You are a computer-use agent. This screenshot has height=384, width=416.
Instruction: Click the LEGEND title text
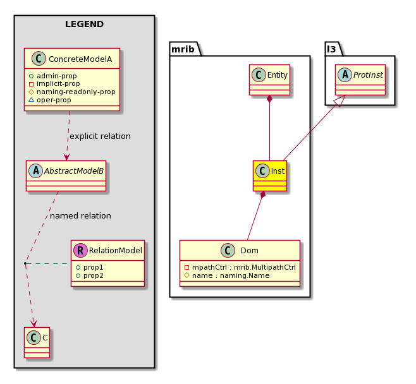(x=84, y=24)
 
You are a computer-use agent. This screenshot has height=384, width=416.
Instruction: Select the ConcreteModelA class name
(x=80, y=59)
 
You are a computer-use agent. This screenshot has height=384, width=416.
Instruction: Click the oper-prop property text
(x=54, y=100)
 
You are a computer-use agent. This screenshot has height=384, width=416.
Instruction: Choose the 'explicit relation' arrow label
(x=100, y=136)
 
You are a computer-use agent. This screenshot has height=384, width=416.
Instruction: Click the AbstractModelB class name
(x=74, y=171)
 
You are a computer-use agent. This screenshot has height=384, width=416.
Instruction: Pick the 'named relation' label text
(x=80, y=216)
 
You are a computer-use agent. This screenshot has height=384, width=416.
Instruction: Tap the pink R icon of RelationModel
(x=81, y=251)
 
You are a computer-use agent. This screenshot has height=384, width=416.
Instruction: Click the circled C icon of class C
(x=34, y=337)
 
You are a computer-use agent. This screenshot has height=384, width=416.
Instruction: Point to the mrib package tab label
(x=183, y=49)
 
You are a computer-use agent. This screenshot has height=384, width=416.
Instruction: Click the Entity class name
(x=278, y=75)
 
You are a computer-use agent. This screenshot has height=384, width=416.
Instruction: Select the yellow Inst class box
(x=270, y=176)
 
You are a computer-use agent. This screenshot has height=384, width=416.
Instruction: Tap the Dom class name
(x=249, y=251)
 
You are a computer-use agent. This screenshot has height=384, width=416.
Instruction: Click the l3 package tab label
(x=332, y=49)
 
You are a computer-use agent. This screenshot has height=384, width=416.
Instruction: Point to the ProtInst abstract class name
(x=368, y=75)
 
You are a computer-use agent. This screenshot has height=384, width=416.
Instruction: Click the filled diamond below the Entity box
(x=269, y=99)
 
